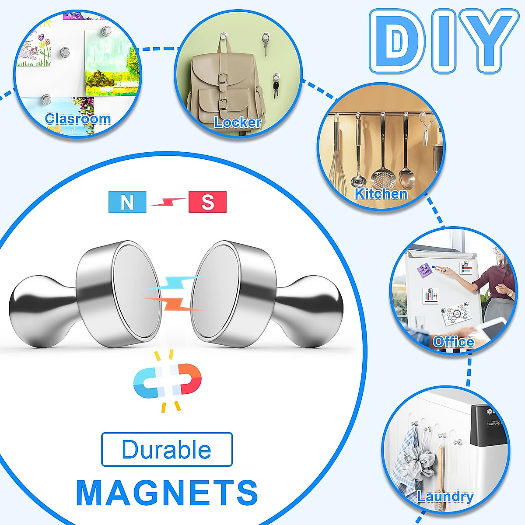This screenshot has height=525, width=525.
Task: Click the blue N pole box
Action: tap(127, 202)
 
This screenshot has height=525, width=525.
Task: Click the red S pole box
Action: tap(207, 202)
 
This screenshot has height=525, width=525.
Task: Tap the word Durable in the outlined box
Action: tap(167, 450)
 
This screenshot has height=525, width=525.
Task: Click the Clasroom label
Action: tap(78, 119)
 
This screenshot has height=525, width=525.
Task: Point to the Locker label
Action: tap(238, 122)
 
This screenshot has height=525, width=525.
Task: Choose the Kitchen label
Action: tap(381, 194)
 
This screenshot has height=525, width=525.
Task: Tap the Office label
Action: tap(453, 342)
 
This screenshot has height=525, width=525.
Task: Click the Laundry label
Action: tap(445, 496)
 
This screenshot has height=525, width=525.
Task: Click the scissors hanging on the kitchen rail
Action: tap(426, 129)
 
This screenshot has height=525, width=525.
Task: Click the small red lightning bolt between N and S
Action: tap(168, 202)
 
